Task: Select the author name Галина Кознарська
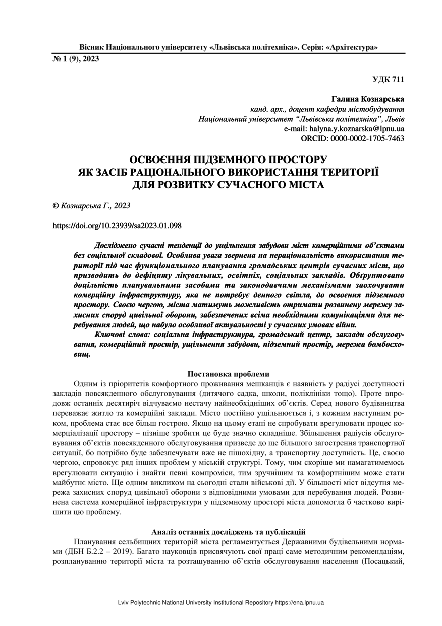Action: [368, 99]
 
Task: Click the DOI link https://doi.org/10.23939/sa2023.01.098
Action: [117, 226]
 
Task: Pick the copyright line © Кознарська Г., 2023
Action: [85, 206]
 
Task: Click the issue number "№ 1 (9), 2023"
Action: [76, 59]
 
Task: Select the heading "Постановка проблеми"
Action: [228, 374]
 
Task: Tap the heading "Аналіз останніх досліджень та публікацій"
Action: [229, 531]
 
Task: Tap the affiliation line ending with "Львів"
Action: [302, 119]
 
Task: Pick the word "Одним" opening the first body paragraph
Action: [85, 384]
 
